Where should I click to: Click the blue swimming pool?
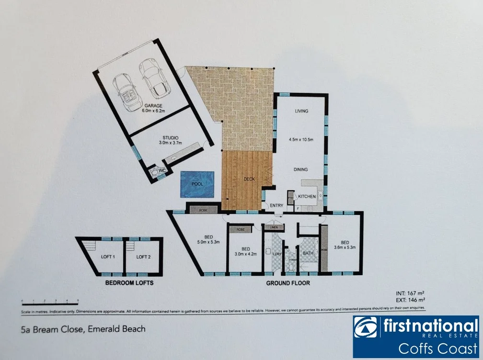(x=196, y=184)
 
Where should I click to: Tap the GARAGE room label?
(x=153, y=105)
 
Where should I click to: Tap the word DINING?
(x=300, y=169)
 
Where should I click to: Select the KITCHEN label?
(x=307, y=196)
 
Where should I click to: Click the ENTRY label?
(x=276, y=206)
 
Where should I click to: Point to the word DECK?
(x=249, y=179)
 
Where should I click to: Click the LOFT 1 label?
(x=108, y=257)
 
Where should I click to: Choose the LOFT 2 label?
(x=143, y=257)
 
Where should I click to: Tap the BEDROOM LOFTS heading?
(x=129, y=283)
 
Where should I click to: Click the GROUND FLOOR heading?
(x=288, y=283)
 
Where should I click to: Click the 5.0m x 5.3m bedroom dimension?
(x=208, y=242)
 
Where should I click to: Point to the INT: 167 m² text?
(x=408, y=292)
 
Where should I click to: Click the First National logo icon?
(x=365, y=327)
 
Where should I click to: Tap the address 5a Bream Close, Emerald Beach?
(x=83, y=329)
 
